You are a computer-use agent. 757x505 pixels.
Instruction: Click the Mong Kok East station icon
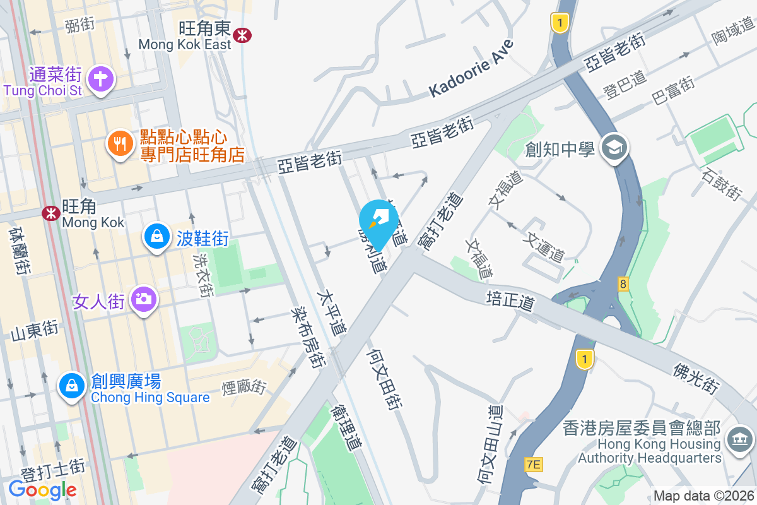pyautogui.click(x=241, y=35)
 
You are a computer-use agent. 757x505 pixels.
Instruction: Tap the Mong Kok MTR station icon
pyautogui.click(x=51, y=213)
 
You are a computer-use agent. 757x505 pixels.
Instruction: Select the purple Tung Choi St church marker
pyautogui.click(x=100, y=80)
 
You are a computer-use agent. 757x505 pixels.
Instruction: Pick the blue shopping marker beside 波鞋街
pyautogui.click(x=155, y=237)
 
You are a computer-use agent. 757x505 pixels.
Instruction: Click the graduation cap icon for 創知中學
pyautogui.click(x=613, y=150)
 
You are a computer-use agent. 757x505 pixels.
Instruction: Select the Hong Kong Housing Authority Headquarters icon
pyautogui.click(x=737, y=438)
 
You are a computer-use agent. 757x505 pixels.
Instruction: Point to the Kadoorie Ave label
pyautogui.click(x=471, y=68)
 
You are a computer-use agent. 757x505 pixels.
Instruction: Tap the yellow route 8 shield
pyautogui.click(x=623, y=284)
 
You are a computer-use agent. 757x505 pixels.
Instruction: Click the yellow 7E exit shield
pyautogui.click(x=534, y=465)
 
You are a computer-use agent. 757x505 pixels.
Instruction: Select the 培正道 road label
pyautogui.click(x=510, y=300)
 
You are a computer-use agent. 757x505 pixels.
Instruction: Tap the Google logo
pyautogui.click(x=42, y=489)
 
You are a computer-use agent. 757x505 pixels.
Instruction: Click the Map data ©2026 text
pyautogui.click(x=703, y=496)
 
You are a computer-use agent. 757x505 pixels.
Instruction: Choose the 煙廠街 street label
pyautogui.click(x=244, y=387)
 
